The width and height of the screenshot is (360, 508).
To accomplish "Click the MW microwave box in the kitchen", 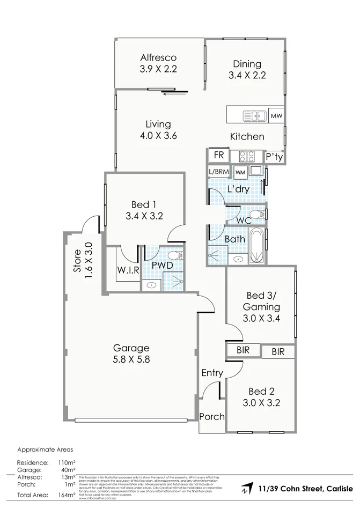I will coord(276,116).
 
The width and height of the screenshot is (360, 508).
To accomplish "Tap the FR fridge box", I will coord(218,155).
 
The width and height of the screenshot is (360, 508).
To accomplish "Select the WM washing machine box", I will coord(240,172).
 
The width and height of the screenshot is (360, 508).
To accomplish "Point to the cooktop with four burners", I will coord(247,156).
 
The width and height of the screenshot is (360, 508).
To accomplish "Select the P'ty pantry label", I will coord(274,157).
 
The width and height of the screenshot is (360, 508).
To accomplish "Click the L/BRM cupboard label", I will coord(218,172).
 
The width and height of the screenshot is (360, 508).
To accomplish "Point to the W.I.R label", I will coord(128,271).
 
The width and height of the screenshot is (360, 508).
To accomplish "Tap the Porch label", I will coord(212,417).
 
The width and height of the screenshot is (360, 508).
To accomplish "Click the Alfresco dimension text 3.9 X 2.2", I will coord(158,69).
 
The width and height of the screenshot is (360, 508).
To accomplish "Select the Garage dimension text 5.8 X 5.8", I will coord(131,359).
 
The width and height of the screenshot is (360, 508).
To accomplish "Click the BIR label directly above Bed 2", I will coord(278,352).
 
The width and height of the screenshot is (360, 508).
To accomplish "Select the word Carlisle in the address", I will coord(338,488).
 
